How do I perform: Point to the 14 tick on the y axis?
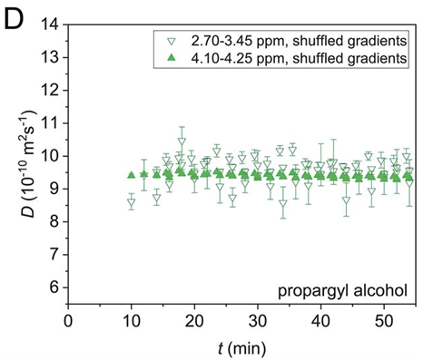[51, 24]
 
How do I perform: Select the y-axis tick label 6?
[55, 287]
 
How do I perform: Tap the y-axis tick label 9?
[55, 189]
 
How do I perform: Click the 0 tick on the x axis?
[69, 319]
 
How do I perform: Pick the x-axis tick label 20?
[195, 319]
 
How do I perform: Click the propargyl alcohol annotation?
[341, 291]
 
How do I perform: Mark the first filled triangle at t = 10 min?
[132, 176]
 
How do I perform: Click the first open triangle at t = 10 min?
[132, 202]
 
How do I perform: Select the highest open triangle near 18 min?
[182, 141]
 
